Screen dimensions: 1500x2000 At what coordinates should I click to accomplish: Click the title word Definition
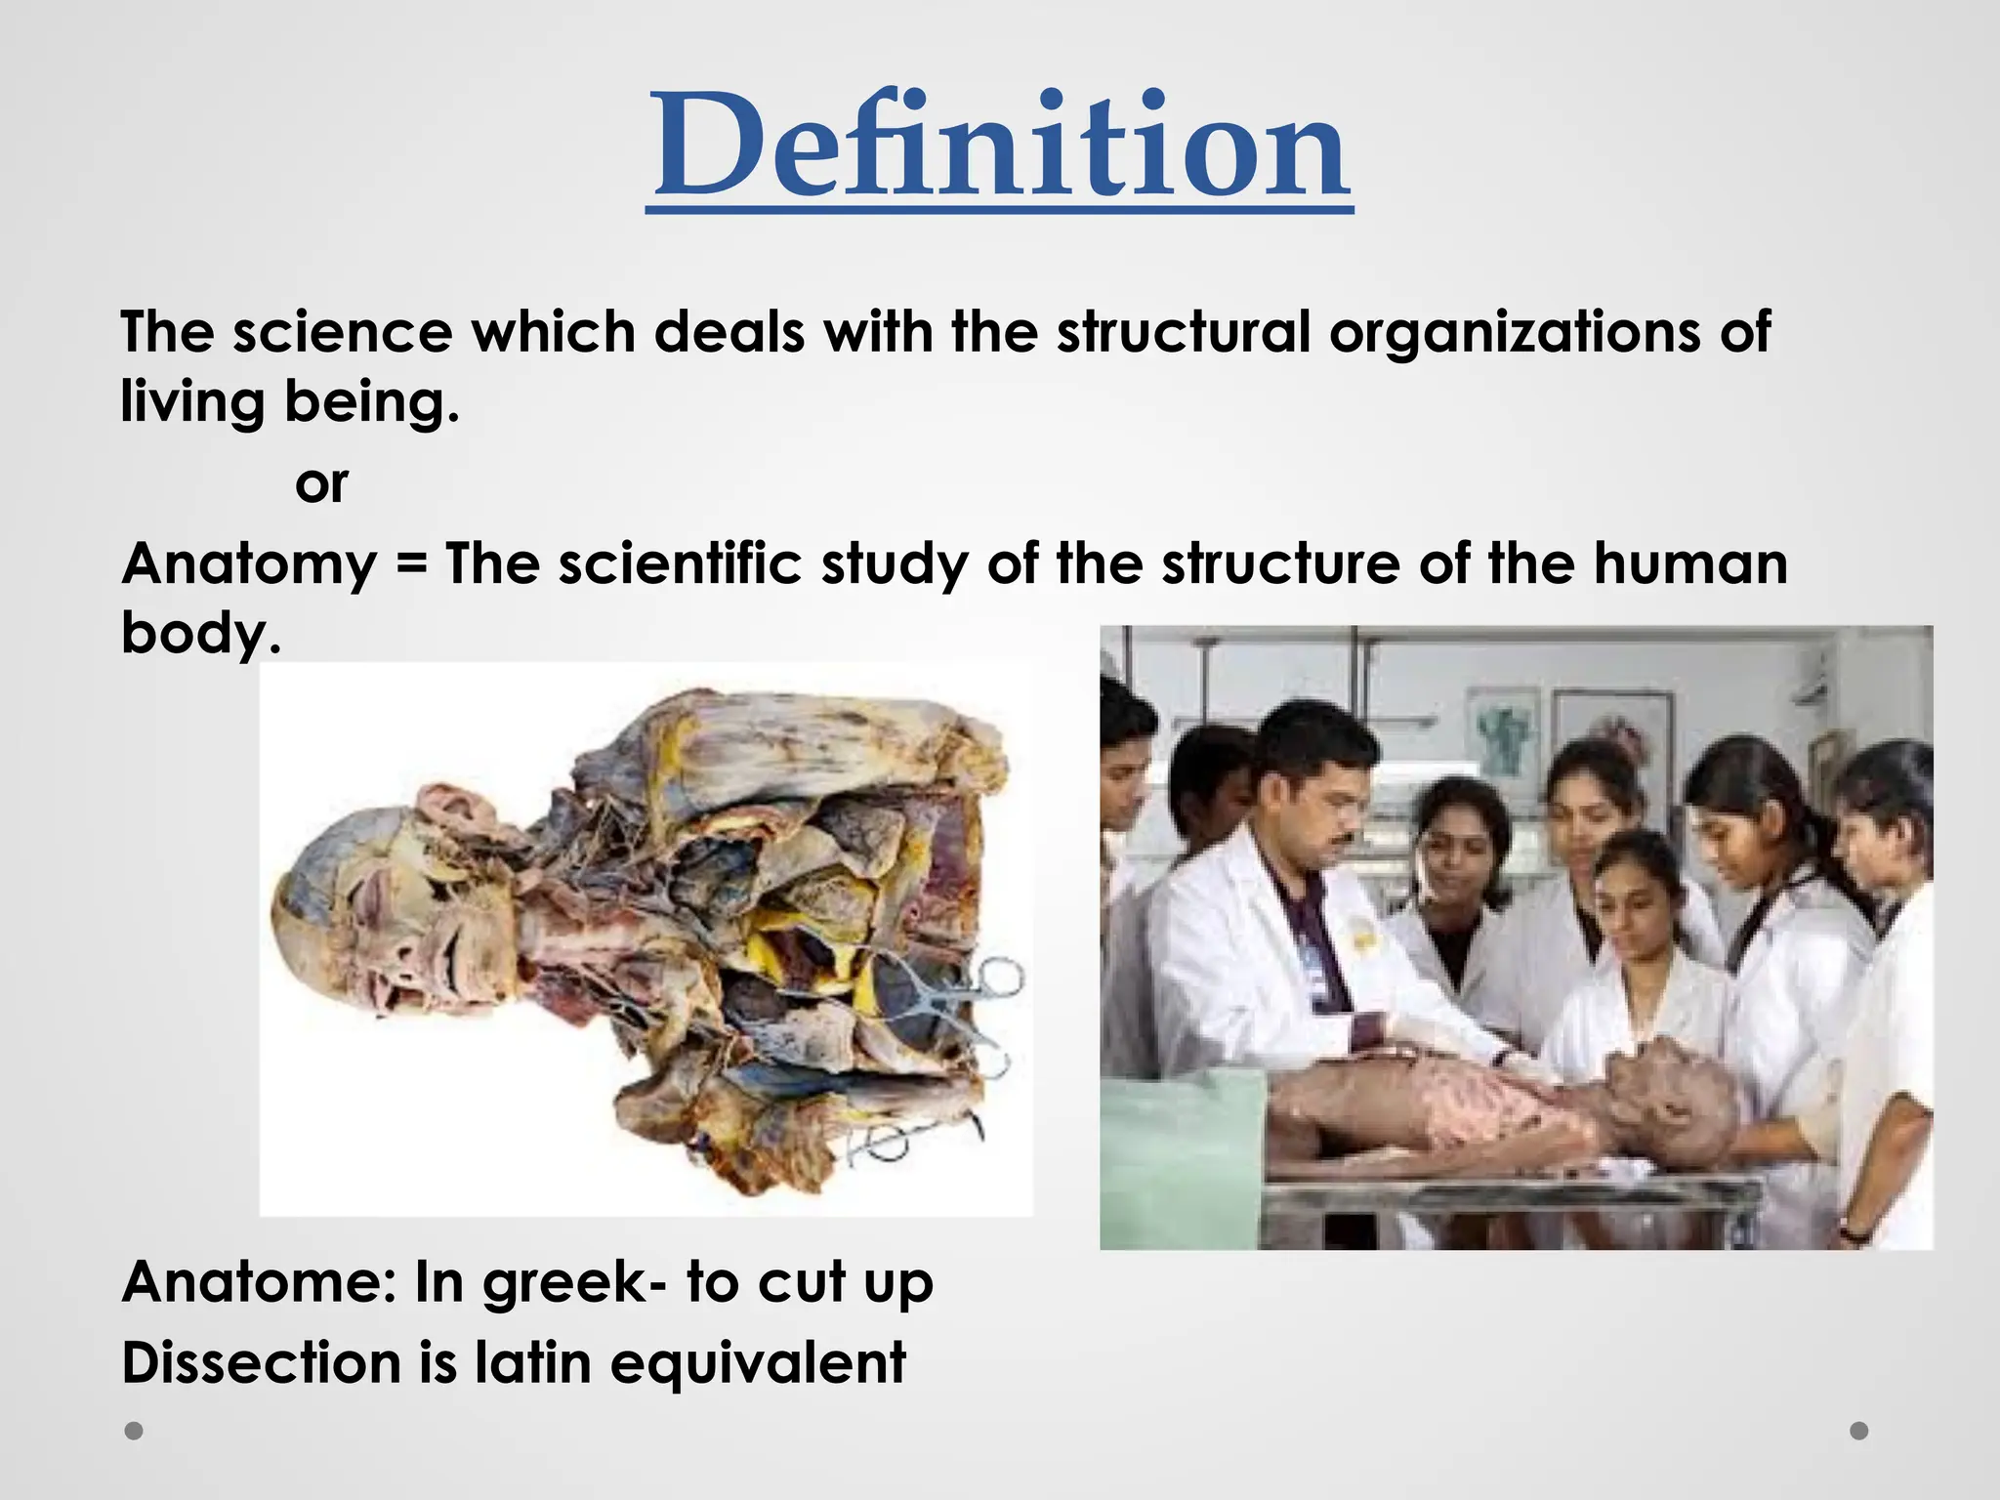point(999,146)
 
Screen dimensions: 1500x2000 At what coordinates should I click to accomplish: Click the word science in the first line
point(342,332)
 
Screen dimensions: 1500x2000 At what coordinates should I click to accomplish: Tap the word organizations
point(1514,332)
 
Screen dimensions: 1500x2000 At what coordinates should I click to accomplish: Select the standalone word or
point(321,484)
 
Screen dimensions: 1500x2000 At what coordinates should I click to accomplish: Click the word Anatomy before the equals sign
point(250,564)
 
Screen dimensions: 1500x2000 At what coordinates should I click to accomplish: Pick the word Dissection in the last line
point(261,1363)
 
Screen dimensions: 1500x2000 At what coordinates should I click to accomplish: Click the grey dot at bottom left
point(135,1431)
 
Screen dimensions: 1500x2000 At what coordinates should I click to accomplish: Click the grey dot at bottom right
point(1859,1431)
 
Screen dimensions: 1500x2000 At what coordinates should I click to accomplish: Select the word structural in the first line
point(1183,332)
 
